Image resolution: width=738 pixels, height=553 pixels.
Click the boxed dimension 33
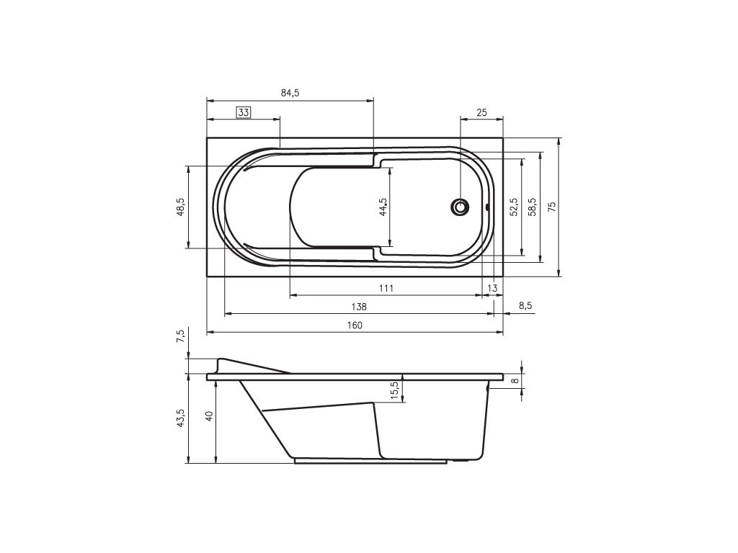[x=244, y=113]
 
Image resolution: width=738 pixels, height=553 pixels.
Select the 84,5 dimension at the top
[x=290, y=93]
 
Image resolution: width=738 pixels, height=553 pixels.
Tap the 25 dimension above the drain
[x=481, y=113]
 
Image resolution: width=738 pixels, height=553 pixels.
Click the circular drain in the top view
[x=460, y=207]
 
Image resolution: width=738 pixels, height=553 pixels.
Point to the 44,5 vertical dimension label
[x=383, y=207]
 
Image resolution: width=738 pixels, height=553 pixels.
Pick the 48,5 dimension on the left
[x=181, y=207]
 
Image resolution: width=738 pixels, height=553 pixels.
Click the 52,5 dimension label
[x=514, y=207]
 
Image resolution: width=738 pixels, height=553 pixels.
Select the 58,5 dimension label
[x=532, y=207]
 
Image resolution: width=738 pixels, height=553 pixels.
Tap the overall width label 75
[x=552, y=207]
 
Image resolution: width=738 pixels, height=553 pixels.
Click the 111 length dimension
[x=386, y=288]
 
